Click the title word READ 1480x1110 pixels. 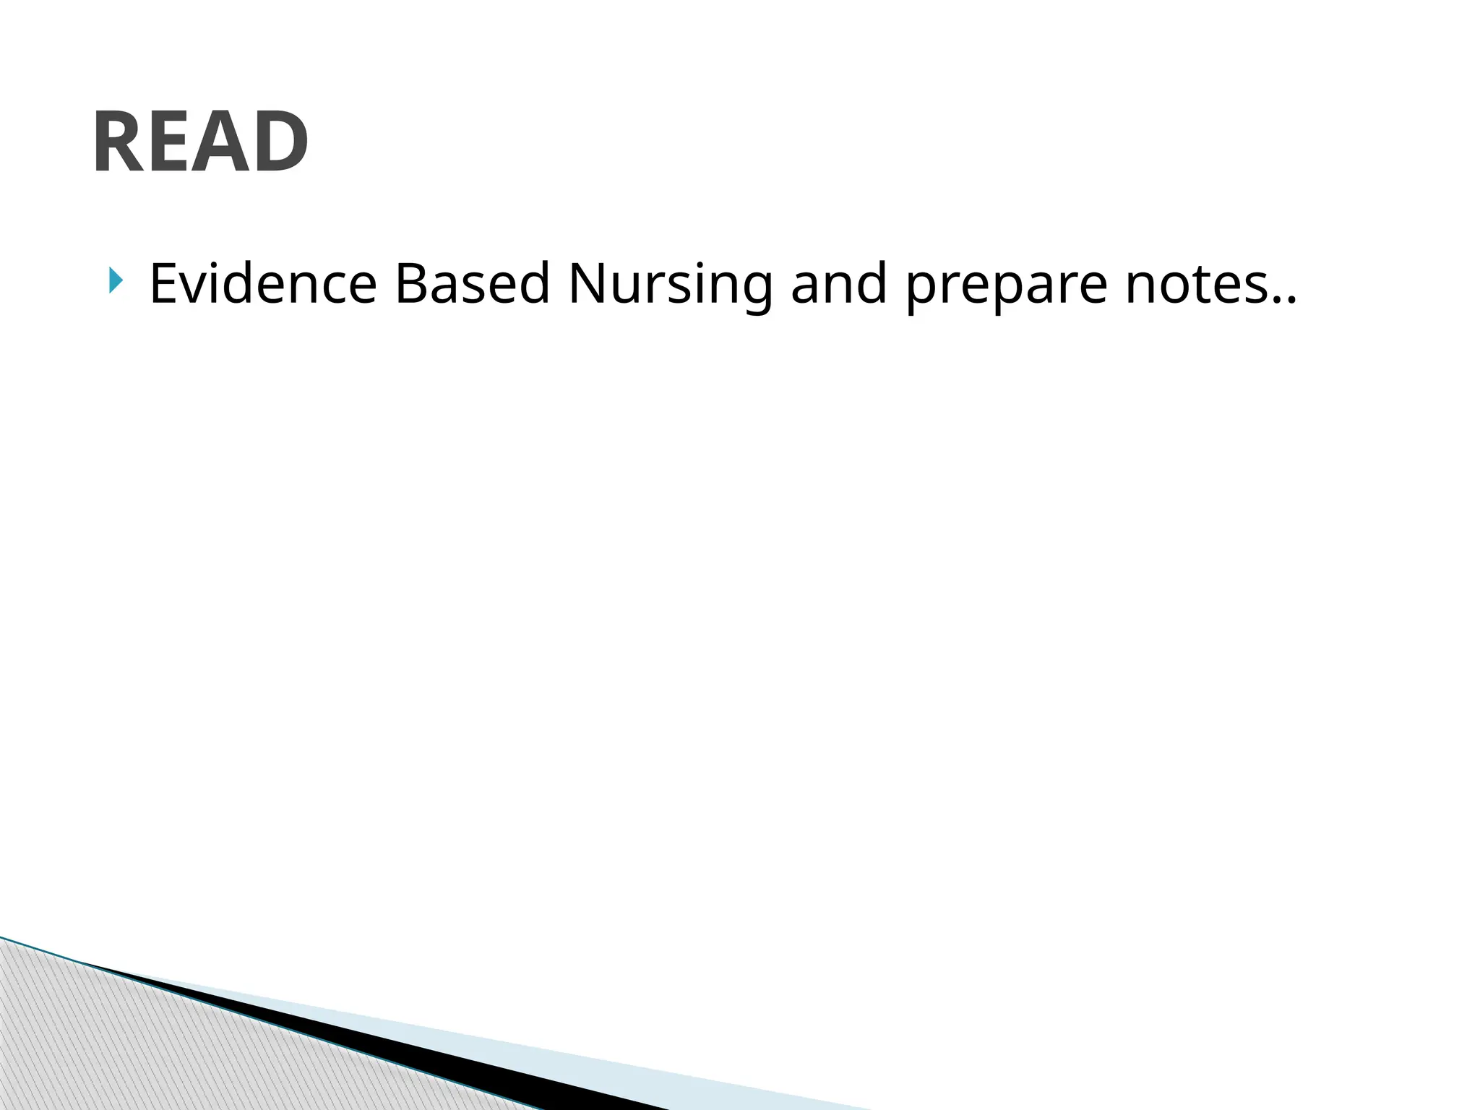(x=200, y=142)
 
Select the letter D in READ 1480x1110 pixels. (x=279, y=142)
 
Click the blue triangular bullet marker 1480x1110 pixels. (x=116, y=280)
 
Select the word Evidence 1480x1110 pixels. (x=263, y=283)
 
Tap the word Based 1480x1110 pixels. (x=473, y=283)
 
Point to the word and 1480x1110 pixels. (x=839, y=283)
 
